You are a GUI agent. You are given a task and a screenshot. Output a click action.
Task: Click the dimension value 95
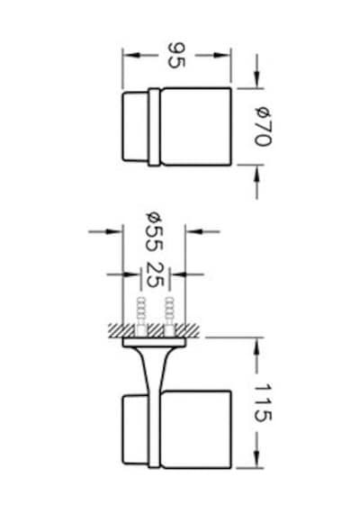coord(176,55)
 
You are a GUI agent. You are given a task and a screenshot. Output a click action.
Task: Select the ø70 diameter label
coord(263,127)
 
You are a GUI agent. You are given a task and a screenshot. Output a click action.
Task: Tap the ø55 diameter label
coord(154,231)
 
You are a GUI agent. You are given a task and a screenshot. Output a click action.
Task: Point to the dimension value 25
coord(155,274)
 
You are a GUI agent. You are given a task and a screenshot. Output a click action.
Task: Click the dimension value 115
coord(263,402)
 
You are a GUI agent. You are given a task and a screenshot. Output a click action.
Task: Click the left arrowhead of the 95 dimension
coord(130,55)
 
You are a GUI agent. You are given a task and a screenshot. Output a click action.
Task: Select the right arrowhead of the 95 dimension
coord(222,55)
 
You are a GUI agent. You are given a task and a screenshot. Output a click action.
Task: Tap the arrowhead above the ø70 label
coord(256,79)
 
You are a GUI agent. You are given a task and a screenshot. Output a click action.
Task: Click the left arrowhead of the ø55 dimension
coord(114,231)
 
